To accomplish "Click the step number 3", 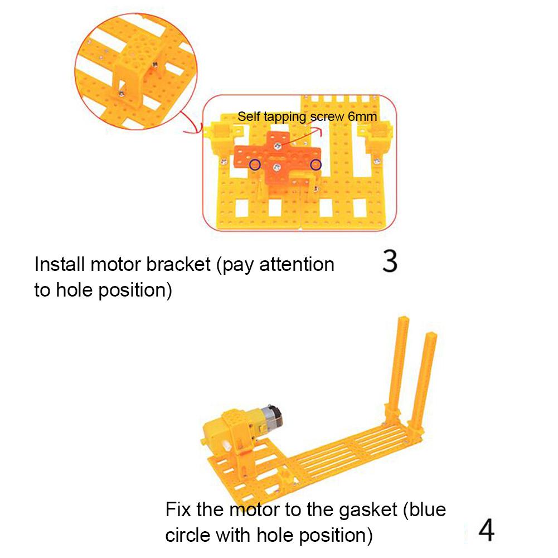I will click(390, 261).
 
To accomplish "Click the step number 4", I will click(486, 531).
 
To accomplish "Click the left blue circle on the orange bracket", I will click(255, 164).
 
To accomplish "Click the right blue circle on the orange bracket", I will click(316, 164).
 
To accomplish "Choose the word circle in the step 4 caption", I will click(188, 535).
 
